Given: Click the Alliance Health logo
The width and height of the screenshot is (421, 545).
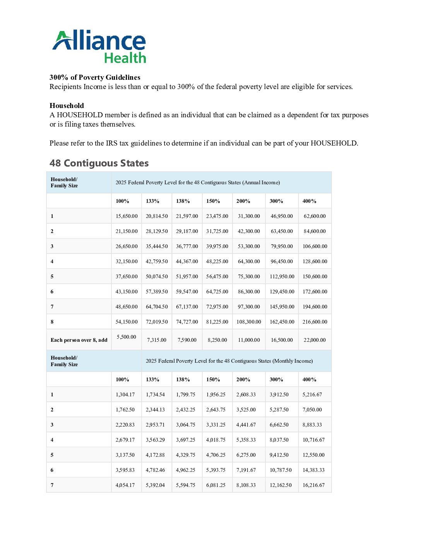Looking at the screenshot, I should pos(99,46).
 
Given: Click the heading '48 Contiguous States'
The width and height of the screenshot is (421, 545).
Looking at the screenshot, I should pos(99,163).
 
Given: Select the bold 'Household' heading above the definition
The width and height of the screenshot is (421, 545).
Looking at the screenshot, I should pos(67,106).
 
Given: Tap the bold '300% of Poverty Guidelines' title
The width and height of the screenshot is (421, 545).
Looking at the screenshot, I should pos(95,77).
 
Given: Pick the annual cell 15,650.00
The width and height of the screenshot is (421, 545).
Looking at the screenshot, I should pos(127,216).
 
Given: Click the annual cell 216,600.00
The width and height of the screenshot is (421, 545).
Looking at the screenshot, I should pos(315,322).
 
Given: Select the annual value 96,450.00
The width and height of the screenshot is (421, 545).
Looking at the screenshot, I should pos(282,261).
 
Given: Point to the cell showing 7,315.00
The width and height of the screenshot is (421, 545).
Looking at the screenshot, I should pos(157,340).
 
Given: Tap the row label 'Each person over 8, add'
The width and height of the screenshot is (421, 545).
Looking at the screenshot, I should pos(79,340).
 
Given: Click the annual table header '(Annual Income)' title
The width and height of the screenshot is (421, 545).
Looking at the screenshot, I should pos(198,182).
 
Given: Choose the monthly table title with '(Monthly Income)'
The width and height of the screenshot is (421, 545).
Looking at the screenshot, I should pos(229,361).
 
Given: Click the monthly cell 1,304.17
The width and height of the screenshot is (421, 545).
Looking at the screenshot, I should pos(125,394).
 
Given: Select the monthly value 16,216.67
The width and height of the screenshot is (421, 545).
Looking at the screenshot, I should pos(313,485).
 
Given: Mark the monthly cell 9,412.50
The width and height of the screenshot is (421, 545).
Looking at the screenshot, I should pos(279,455).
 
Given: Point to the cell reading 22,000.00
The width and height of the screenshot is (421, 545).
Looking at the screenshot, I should pos(315,340).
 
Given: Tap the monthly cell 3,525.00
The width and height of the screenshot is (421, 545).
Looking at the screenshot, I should pos(246,410).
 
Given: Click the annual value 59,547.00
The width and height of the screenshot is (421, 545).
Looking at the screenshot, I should pos(187,291).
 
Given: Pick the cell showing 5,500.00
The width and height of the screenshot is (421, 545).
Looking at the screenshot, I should pos(127,337).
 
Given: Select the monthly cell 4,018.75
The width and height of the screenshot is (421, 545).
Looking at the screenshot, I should pos(216,440).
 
